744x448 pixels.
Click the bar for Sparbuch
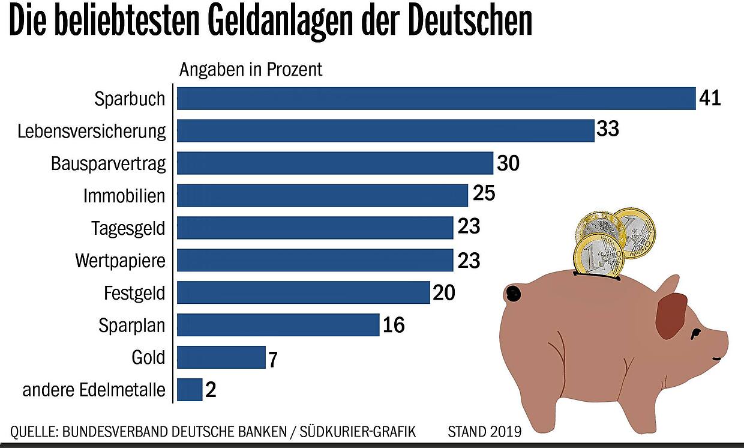point(436,98)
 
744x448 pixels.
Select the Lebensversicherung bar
point(385,131)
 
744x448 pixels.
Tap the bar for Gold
point(221,357)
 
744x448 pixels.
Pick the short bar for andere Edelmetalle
point(190,390)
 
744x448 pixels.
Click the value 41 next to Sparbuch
point(709,98)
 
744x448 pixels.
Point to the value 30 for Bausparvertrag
point(508,163)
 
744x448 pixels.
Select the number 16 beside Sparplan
point(393,325)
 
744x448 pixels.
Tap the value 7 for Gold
point(272,359)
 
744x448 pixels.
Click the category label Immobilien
point(124,196)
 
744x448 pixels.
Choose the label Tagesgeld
point(128,228)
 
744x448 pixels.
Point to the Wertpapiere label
point(120,261)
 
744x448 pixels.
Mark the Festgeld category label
point(134,293)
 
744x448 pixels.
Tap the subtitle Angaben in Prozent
point(251,70)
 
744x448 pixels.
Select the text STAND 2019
point(484,431)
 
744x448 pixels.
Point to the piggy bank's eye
point(695,333)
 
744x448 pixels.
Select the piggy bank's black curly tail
point(513,294)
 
